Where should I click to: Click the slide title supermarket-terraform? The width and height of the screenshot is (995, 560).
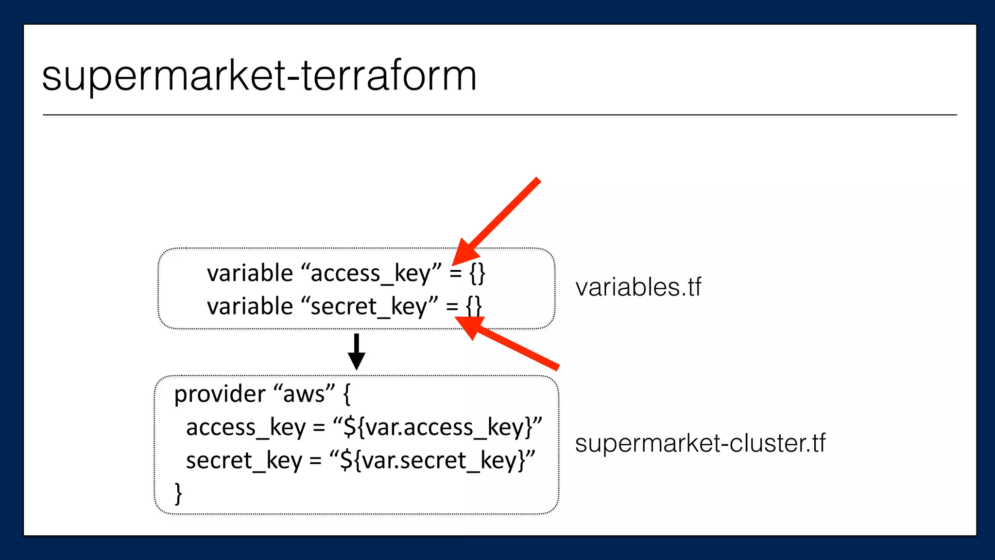click(259, 76)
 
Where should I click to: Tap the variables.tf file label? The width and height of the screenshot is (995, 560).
click(638, 287)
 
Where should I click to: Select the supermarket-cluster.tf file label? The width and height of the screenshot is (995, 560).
click(700, 443)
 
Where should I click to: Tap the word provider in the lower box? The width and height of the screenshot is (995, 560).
click(220, 394)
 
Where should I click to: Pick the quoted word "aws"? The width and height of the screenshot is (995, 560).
click(304, 394)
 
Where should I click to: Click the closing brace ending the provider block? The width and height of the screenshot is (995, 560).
click(178, 493)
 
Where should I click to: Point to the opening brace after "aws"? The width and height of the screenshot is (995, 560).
click(346, 394)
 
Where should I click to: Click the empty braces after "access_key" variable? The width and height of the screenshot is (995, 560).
click(477, 273)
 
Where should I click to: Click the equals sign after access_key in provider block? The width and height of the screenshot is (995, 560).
click(319, 428)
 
